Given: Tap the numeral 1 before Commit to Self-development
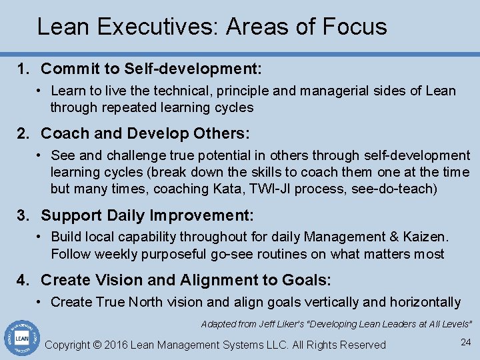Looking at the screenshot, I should [21, 69].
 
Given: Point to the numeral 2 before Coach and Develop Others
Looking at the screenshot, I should [21, 133].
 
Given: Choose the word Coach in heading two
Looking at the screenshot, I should [65, 133].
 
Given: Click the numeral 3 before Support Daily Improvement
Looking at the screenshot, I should [21, 215].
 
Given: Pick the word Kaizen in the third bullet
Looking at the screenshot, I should [426, 237].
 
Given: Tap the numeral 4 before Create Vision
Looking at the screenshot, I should [21, 280].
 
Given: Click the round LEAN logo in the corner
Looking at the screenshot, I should [21, 339].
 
